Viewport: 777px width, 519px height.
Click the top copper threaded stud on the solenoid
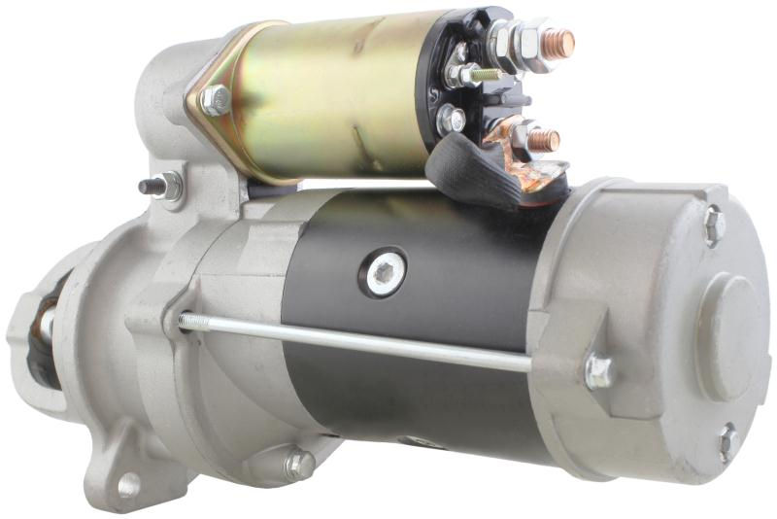pyautogui.click(x=559, y=43)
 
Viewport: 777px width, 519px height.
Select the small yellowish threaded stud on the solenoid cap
pyautogui.click(x=486, y=74)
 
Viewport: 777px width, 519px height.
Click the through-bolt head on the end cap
pyautogui.click(x=598, y=370)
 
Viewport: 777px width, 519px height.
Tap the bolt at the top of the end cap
pyautogui.click(x=714, y=225)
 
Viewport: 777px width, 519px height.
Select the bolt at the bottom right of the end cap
pyautogui.click(x=728, y=442)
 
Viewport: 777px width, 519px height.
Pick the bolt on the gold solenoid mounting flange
pyautogui.click(x=215, y=99)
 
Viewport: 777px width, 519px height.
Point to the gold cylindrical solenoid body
pyautogui.click(x=321, y=97)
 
